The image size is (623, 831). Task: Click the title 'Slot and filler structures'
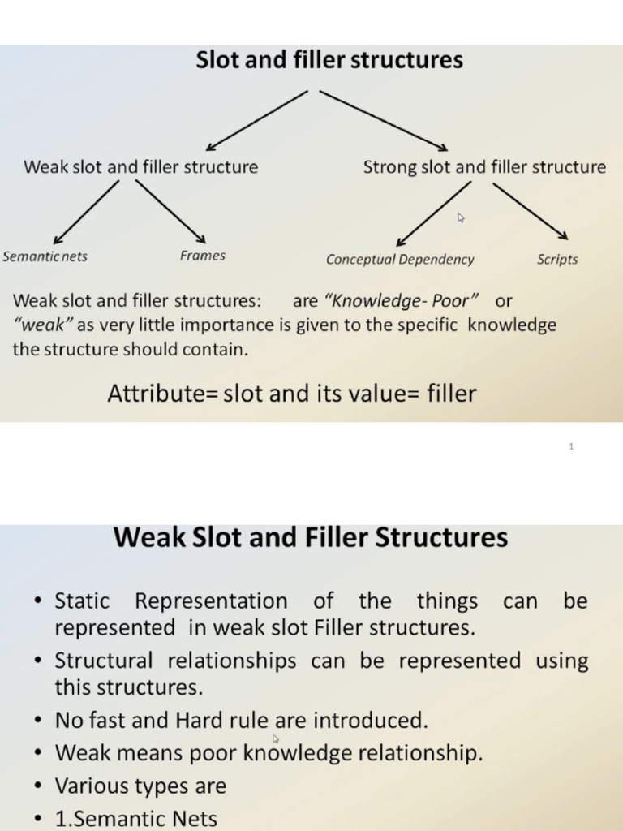(329, 61)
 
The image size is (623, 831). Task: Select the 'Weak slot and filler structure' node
(141, 167)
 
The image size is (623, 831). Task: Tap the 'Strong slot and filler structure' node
(484, 167)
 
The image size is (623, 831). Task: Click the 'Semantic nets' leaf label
(45, 256)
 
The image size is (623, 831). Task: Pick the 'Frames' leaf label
(203, 256)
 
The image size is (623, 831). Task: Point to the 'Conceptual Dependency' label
(400, 260)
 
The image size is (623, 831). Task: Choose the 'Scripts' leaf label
(557, 260)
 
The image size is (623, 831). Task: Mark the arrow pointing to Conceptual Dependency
(433, 213)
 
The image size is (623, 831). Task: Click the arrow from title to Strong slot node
(383, 120)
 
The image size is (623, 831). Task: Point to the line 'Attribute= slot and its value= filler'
(292, 394)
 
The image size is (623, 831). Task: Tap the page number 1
(572, 447)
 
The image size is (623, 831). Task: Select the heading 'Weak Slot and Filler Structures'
(311, 537)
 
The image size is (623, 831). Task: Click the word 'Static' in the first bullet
(82, 601)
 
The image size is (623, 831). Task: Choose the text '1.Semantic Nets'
(135, 819)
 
